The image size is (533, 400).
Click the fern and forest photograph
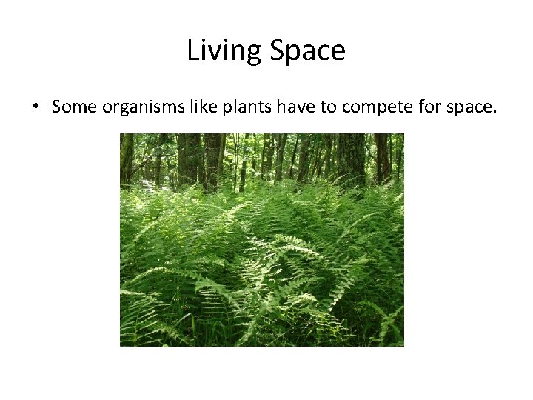262,239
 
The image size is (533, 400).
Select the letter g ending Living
254,54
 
